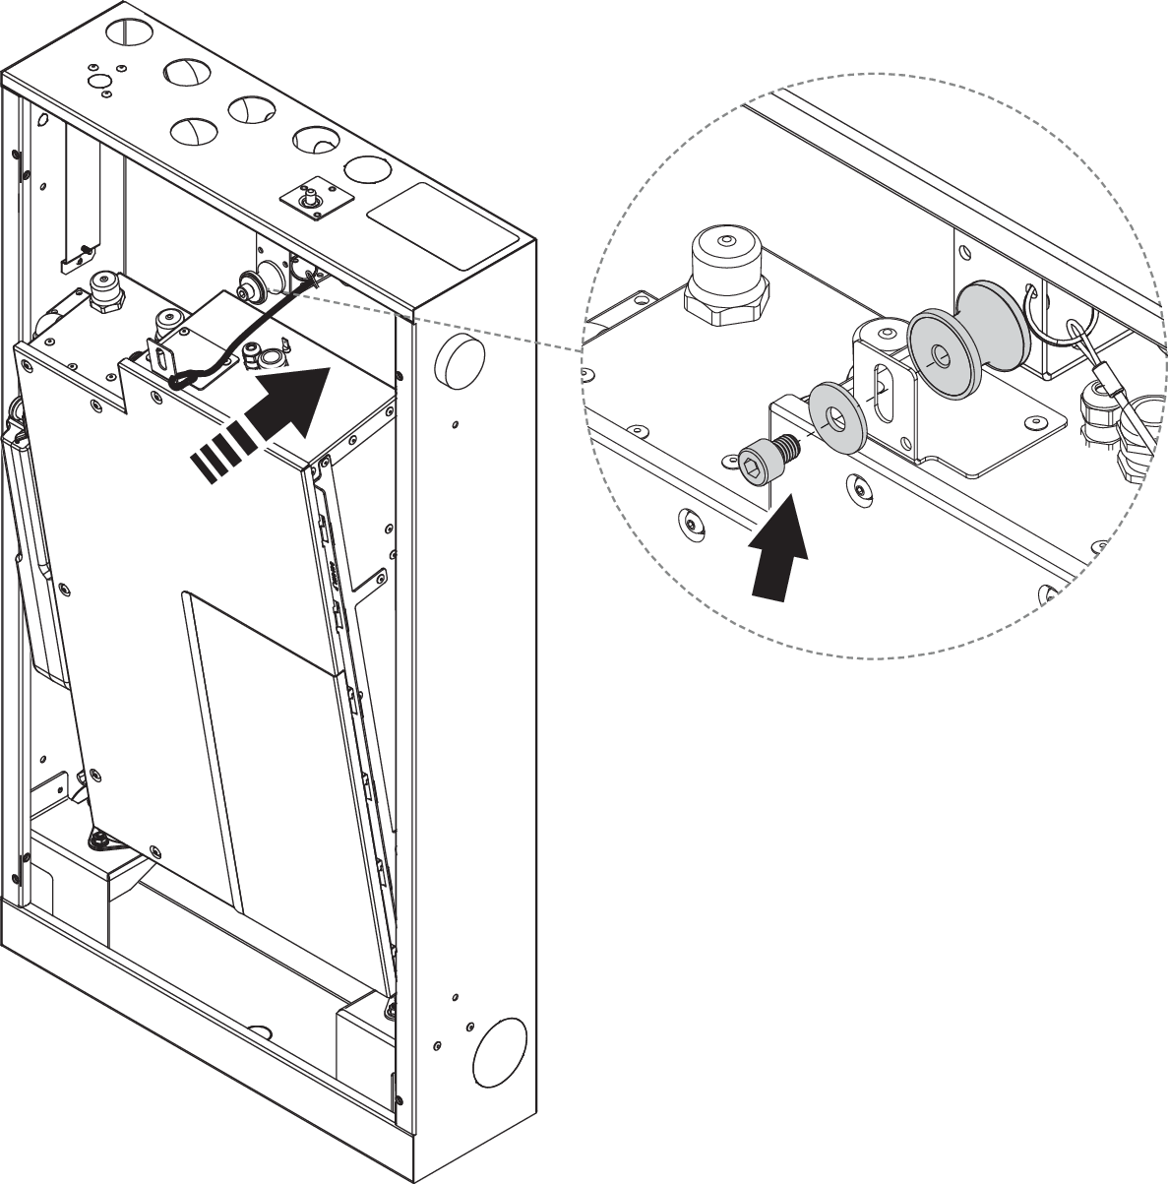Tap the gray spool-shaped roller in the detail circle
coord(967,342)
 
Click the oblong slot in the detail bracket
coord(882,388)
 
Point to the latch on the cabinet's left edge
coord(15,428)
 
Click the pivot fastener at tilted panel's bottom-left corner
coord(100,840)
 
